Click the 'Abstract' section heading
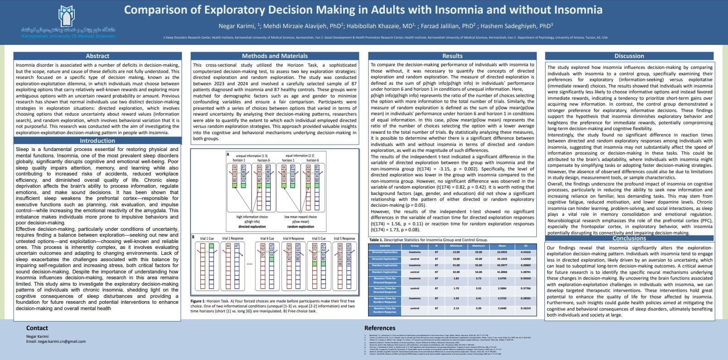pos(97,56)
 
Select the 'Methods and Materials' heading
pos(274,56)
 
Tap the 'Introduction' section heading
pos(97,141)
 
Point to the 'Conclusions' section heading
pos(629,238)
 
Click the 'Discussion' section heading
pos(629,56)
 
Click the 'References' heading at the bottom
pos(380,328)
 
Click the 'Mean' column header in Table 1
pos(502,246)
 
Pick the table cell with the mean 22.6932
pos(502,252)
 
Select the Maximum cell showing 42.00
pos(478,259)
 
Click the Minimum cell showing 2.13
pos(456,308)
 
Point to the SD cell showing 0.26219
pos(525,308)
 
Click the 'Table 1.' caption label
pos(376,240)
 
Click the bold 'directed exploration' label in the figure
pos(252,226)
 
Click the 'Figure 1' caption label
pos(198,301)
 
